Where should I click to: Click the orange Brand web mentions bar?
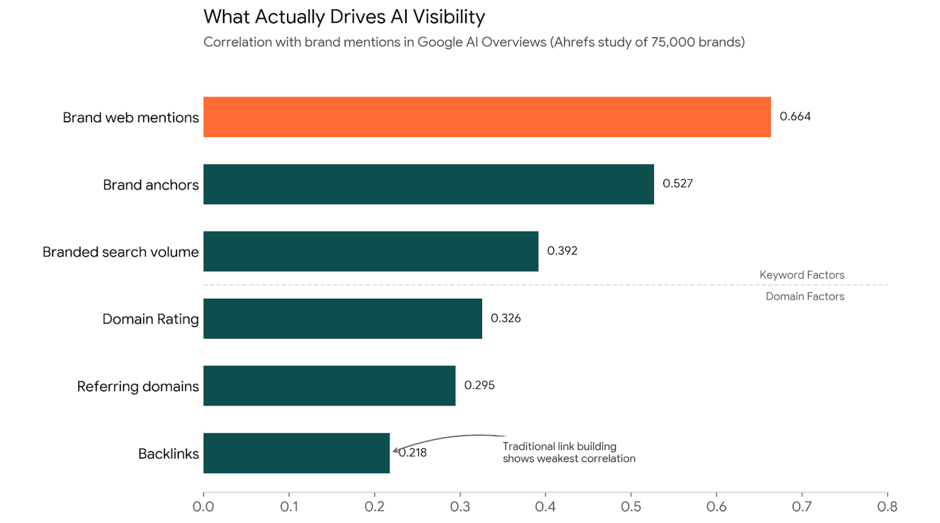click(487, 117)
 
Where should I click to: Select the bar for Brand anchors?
click(428, 184)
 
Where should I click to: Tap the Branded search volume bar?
click(371, 251)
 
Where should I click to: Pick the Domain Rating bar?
click(343, 319)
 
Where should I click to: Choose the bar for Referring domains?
click(329, 386)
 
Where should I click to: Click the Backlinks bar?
click(296, 453)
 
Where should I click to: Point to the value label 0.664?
click(795, 117)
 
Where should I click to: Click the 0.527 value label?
click(677, 183)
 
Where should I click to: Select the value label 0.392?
click(562, 251)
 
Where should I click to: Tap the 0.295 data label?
click(479, 385)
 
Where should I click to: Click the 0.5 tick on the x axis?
click(631, 506)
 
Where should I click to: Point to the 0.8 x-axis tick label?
click(887, 506)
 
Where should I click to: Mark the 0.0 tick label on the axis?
click(203, 506)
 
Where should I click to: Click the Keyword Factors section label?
click(802, 275)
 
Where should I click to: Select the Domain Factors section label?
click(804, 296)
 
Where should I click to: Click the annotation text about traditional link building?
click(568, 452)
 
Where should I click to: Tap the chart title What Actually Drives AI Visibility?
click(344, 17)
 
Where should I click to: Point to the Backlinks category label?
click(168, 454)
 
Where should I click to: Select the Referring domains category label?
click(138, 386)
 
